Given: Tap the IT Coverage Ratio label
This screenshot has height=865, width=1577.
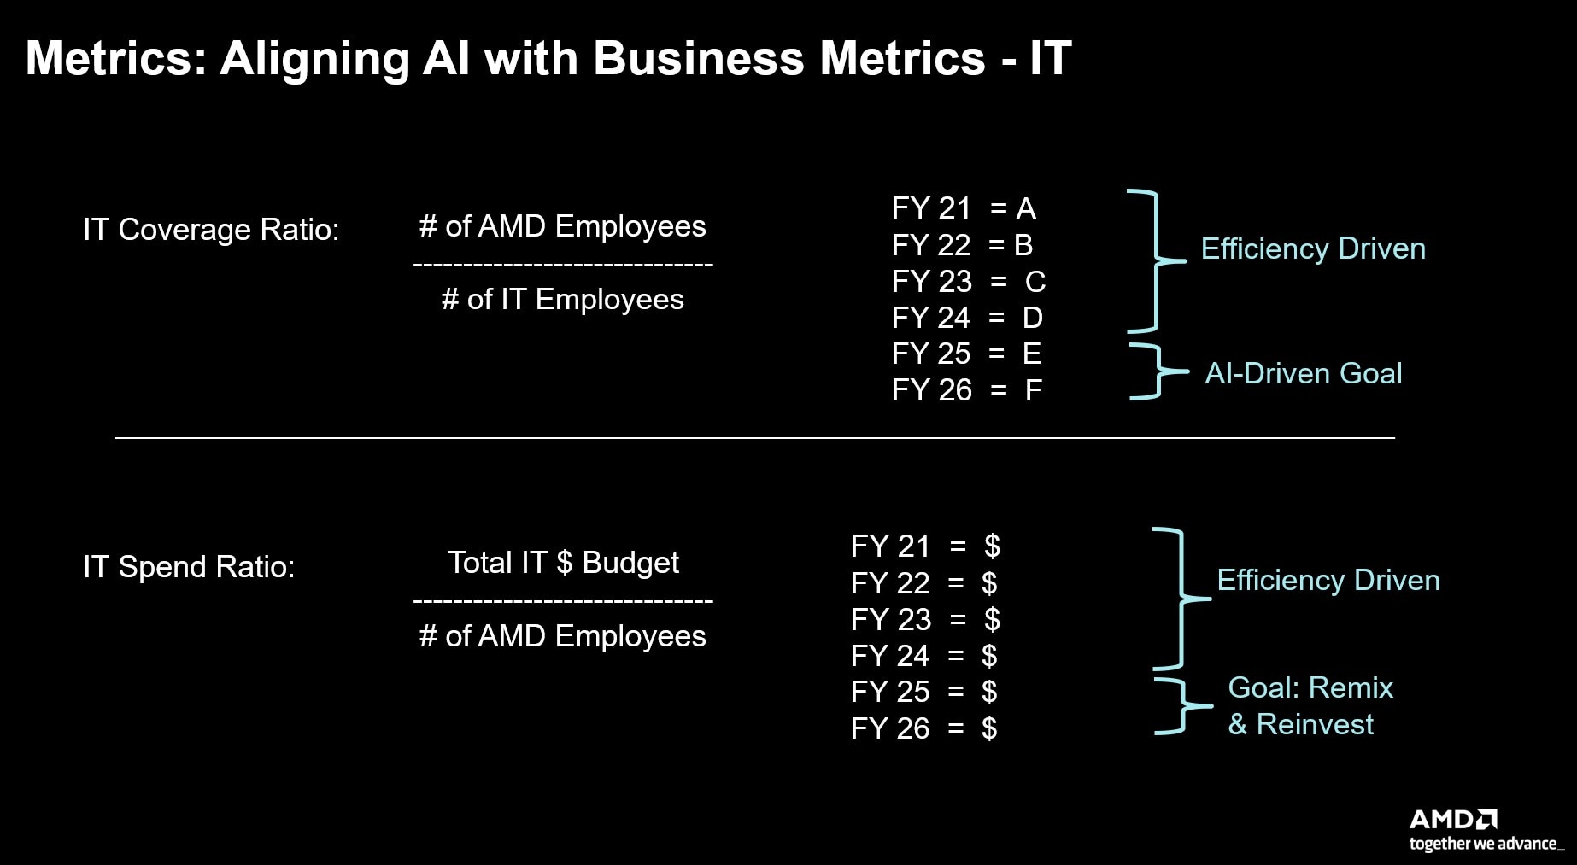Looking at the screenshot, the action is [x=211, y=230].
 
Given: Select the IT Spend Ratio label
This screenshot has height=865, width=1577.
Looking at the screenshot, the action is [x=189, y=567].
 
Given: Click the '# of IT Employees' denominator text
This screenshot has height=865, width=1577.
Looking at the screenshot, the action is [x=562, y=300].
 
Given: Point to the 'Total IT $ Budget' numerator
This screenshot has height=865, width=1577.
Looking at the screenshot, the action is [x=563, y=563].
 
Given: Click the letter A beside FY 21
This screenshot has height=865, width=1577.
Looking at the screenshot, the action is [x=1026, y=208].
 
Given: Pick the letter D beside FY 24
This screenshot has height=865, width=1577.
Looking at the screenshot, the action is [x=1033, y=318].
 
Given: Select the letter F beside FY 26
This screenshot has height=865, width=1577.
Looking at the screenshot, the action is [x=1033, y=390].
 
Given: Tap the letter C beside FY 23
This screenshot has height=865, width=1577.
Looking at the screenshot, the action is [x=1035, y=282].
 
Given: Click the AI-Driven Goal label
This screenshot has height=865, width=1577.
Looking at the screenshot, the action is [x=1304, y=373].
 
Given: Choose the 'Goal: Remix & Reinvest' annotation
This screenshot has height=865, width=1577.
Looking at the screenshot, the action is [x=1310, y=706].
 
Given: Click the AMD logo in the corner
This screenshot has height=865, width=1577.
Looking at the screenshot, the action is [x=1453, y=820].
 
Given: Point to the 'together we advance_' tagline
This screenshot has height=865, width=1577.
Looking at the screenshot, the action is [x=1487, y=845].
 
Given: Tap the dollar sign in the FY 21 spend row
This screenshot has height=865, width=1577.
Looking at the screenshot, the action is [x=992, y=546].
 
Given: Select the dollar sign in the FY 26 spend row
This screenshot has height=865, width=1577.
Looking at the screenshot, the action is [x=989, y=728].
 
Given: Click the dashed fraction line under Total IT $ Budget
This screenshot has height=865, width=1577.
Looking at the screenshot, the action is [x=563, y=601].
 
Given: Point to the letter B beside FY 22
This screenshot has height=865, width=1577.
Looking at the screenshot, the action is [x=1023, y=245].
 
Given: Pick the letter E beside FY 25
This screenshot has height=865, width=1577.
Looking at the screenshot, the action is [x=1032, y=354].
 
